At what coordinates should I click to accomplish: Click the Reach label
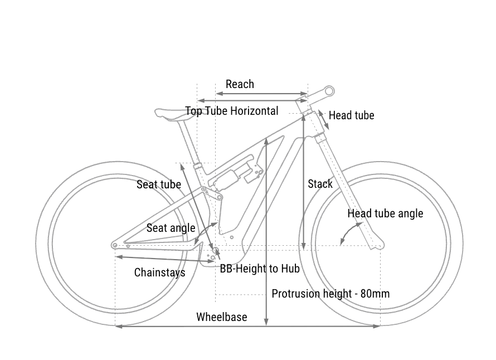click(x=240, y=84)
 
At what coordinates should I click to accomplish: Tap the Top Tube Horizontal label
click(x=232, y=111)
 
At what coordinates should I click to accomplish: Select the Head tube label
click(x=351, y=115)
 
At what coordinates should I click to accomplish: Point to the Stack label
click(x=320, y=184)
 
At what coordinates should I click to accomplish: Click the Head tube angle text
click(x=385, y=213)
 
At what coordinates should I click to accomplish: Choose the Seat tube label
click(x=159, y=184)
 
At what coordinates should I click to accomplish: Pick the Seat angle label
click(x=171, y=228)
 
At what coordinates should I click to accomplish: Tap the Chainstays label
click(x=160, y=273)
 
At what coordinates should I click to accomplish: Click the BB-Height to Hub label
click(x=260, y=269)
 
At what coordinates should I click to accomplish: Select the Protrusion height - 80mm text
click(x=330, y=294)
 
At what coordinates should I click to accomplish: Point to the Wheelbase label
click(x=221, y=317)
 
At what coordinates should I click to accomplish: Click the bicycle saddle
click(x=173, y=113)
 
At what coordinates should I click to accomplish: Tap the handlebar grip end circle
click(x=329, y=90)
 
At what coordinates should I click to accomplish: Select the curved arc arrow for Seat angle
click(x=204, y=233)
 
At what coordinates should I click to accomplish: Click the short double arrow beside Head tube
click(x=323, y=120)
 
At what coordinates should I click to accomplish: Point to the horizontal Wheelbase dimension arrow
click(x=247, y=326)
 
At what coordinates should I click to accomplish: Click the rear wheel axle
click(x=115, y=245)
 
